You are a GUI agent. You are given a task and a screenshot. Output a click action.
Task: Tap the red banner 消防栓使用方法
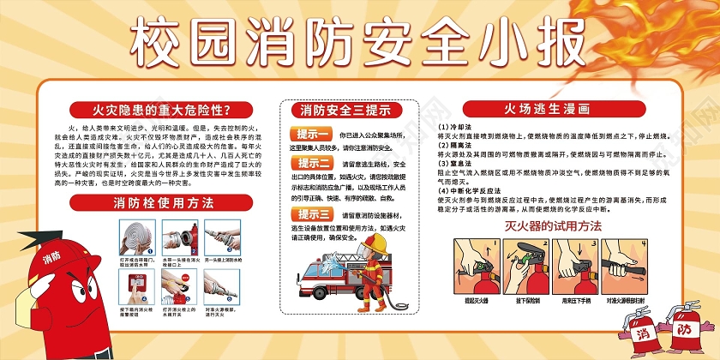[x=162, y=203]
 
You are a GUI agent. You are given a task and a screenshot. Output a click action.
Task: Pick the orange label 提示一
[x=312, y=135]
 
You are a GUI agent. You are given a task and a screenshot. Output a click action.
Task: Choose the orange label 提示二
[x=312, y=163]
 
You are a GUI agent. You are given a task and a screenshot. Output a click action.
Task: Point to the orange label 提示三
[x=312, y=214]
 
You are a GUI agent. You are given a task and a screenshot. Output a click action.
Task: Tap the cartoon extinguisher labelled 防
[x=685, y=326]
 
